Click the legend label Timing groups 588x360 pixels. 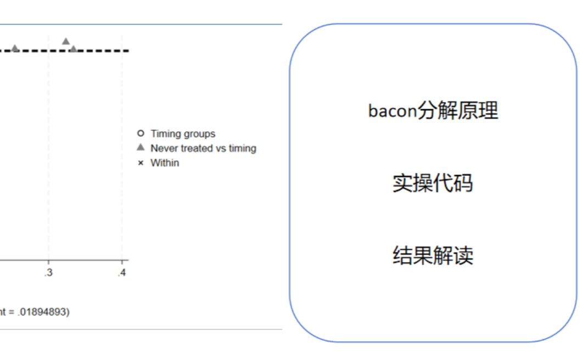[183, 133]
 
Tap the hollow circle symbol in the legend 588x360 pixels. [141, 133]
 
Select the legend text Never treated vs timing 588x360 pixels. [203, 148]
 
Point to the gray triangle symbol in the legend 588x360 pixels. [141, 148]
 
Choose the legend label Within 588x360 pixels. [165, 163]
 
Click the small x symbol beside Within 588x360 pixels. [141, 163]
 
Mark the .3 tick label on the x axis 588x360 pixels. [49, 272]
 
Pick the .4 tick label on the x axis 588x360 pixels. [121, 272]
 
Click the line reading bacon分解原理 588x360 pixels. [433, 111]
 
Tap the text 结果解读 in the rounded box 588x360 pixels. [433, 256]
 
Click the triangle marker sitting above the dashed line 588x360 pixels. [66, 41]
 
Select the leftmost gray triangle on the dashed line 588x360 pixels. [15, 49]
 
